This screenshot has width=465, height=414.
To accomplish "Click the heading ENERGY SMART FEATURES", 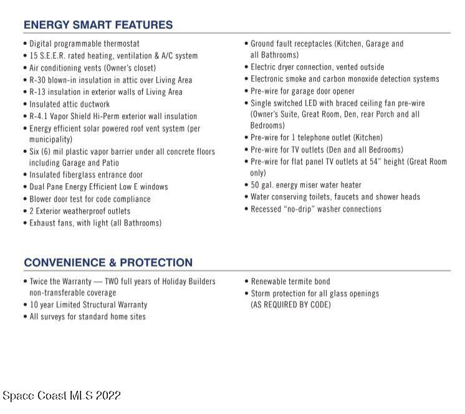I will pyautogui.click(x=98, y=25).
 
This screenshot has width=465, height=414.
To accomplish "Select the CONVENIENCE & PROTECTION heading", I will pyautogui.click(x=108, y=262).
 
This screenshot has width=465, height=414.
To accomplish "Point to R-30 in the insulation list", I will pyautogui.click(x=39, y=80).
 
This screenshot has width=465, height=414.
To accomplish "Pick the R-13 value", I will pyautogui.click(x=39, y=92).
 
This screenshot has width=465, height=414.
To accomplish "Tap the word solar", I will pyautogui.click(x=120, y=128).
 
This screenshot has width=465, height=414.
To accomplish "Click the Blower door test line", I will pyautogui.click(x=90, y=199).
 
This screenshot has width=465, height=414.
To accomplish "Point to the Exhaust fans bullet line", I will pyautogui.click(x=95, y=223).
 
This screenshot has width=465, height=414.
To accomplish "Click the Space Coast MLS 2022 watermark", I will pyautogui.click(x=62, y=396).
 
